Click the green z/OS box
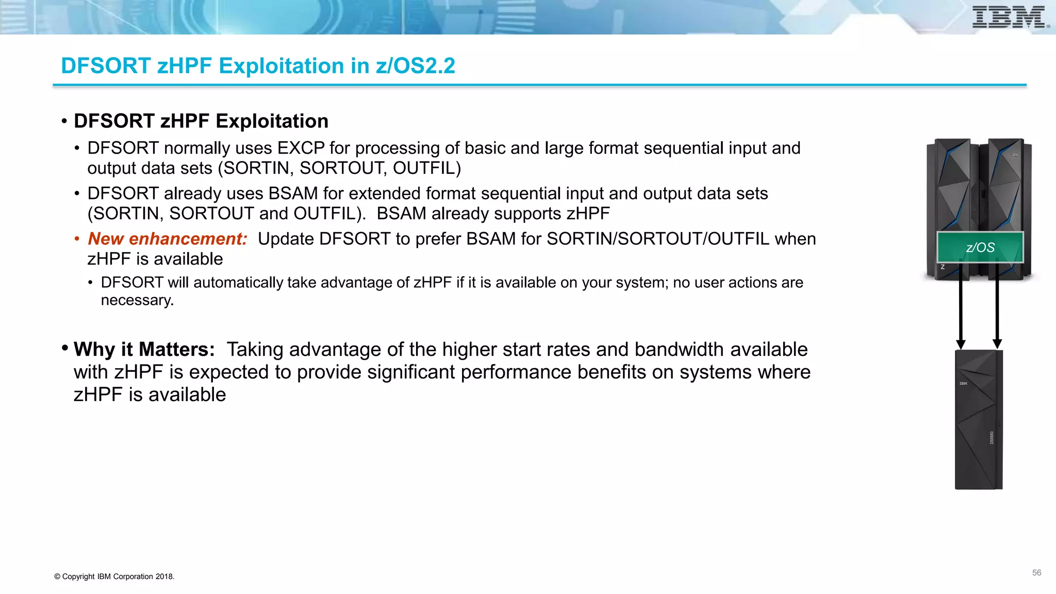pos(980,247)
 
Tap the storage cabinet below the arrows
pos(978,420)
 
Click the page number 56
pos(1036,573)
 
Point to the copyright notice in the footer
pos(114,576)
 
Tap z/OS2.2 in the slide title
pos(416,66)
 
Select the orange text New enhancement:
pos(168,239)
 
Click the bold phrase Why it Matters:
pos(144,350)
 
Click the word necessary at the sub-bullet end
pos(136,300)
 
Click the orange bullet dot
pos(77,239)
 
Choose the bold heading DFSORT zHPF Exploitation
pos(201,121)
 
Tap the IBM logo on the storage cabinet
pos(963,384)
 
